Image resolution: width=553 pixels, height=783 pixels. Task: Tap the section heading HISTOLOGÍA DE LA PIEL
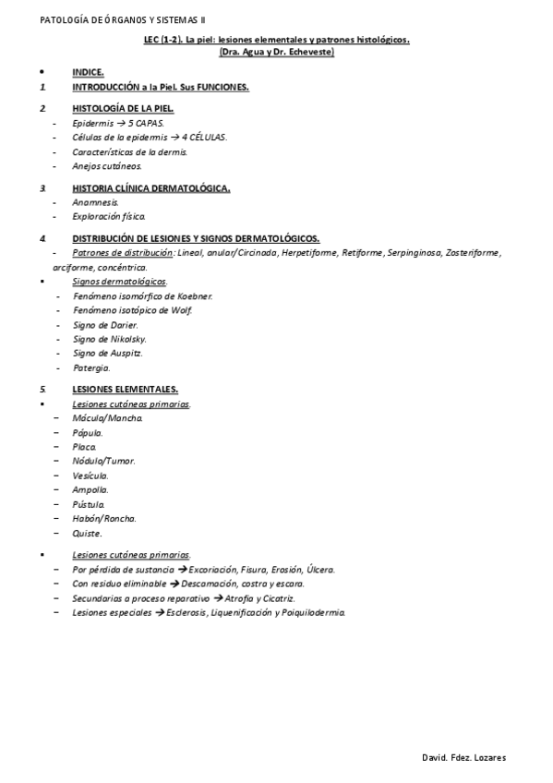pyautogui.click(x=122, y=108)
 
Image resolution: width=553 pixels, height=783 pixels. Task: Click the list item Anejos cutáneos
pyautogui.click(x=107, y=166)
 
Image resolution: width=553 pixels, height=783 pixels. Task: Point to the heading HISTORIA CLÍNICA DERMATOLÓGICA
pyautogui.click(x=150, y=187)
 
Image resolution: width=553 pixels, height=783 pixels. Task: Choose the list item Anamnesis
pyautogui.click(x=95, y=201)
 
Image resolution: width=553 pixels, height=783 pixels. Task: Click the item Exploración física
pyautogui.click(x=108, y=216)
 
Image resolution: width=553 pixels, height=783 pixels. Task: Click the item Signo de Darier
pyautogui.click(x=104, y=324)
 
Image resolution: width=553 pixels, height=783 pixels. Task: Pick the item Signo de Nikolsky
pyautogui.click(x=109, y=339)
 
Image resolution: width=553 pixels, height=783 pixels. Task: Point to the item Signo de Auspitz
pyautogui.click(x=107, y=353)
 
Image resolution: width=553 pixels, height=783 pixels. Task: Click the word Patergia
pyautogui.click(x=90, y=367)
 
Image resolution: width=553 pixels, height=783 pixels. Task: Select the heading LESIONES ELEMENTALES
pyautogui.click(x=125, y=389)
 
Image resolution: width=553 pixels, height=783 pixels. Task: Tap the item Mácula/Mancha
pyautogui.click(x=107, y=418)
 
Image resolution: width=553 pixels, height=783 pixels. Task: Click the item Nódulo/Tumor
pyautogui.click(x=103, y=461)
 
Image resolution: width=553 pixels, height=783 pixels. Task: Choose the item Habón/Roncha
pyautogui.click(x=103, y=518)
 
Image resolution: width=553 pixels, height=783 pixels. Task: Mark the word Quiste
pyautogui.click(x=87, y=533)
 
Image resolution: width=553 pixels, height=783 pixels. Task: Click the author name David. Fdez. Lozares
pyautogui.click(x=463, y=758)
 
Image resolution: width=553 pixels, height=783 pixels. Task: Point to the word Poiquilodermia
pyautogui.click(x=310, y=612)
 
